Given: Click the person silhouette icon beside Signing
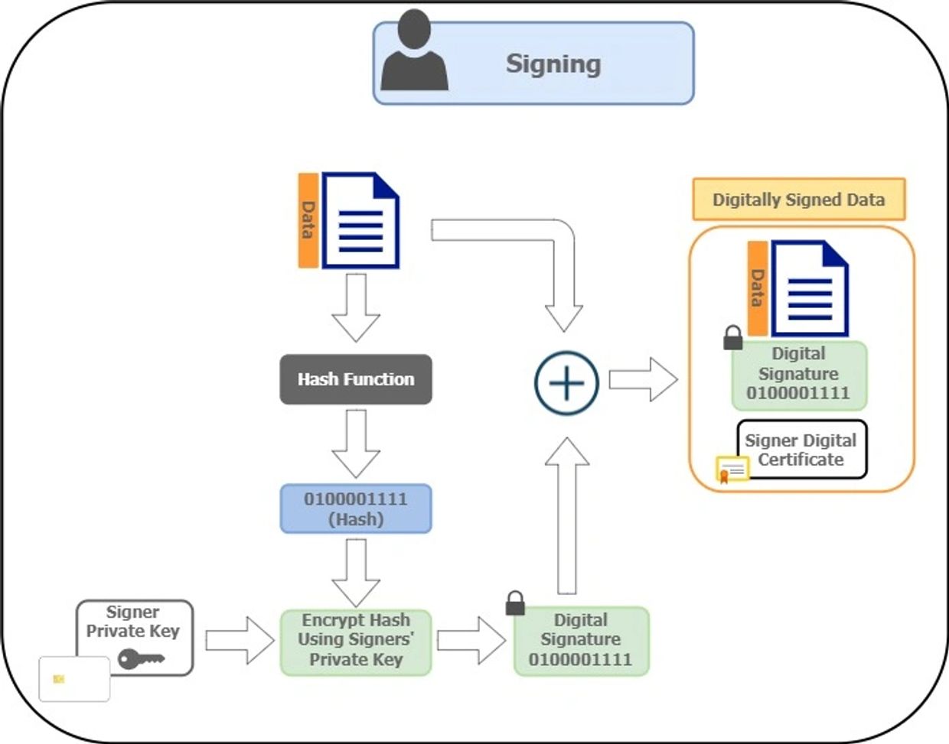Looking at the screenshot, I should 414,54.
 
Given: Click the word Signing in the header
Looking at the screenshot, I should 553,63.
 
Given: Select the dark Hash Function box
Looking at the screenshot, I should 356,379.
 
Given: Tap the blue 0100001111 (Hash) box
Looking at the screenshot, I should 356,508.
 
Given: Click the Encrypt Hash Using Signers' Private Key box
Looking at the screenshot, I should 356,641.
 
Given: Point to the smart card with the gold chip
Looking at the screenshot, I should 74,679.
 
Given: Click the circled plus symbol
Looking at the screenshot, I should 566,382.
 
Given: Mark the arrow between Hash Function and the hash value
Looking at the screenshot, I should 356,443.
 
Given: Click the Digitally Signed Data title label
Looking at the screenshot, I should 798,200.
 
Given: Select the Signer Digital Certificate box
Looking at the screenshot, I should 802,450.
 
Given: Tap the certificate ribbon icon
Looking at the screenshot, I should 732,469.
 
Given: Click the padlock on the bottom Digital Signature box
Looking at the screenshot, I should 515,603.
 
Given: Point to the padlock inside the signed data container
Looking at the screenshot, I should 733,337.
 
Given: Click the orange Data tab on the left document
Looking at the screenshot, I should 308,220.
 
